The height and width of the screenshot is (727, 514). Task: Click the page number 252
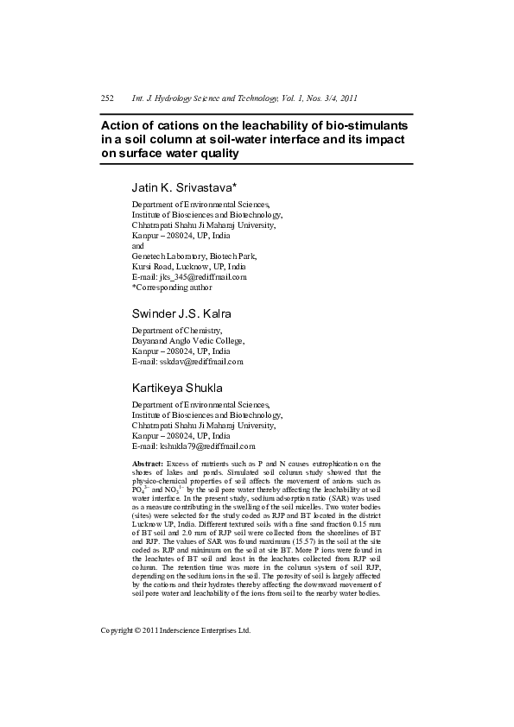pos(107,99)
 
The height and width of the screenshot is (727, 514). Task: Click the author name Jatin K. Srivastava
pos(184,186)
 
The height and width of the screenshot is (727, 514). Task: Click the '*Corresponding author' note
pos(172,288)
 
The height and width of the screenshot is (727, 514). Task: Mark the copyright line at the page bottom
pos(175,630)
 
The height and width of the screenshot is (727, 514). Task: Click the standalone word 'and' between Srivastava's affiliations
pos(138,246)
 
